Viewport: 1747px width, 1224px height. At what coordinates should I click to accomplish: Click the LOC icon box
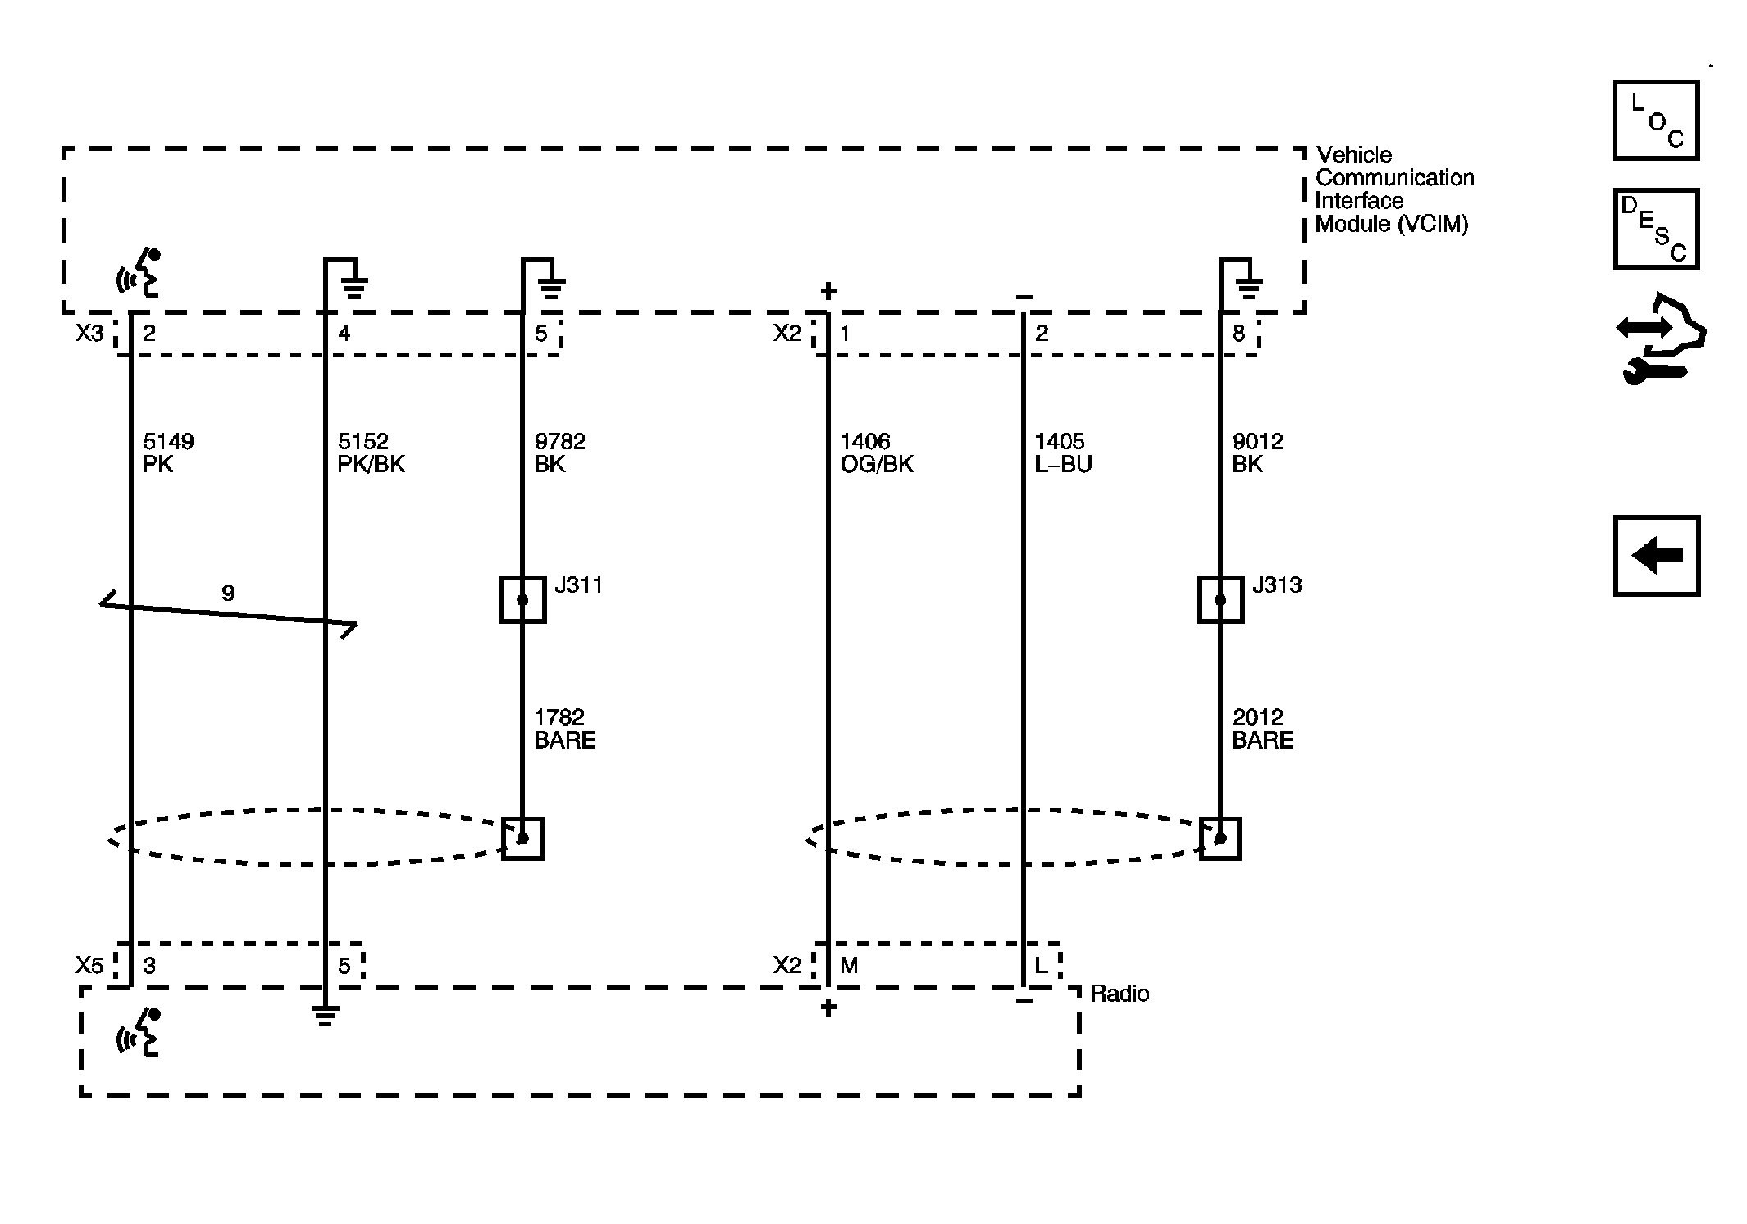click(x=1656, y=120)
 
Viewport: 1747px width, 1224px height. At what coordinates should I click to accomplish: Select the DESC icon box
click(x=1656, y=229)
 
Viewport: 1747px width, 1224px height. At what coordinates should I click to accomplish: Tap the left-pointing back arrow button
click(x=1656, y=556)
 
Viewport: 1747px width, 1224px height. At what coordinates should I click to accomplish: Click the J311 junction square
click(x=522, y=600)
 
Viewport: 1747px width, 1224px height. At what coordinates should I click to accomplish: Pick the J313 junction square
click(x=1220, y=600)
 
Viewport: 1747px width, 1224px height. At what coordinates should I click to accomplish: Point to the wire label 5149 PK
click(x=168, y=453)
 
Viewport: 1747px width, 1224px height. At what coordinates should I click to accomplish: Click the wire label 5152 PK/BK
click(x=371, y=453)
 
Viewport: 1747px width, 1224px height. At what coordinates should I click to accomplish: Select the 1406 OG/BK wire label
click(x=876, y=453)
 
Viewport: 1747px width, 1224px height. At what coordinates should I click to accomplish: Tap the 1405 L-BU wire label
click(x=1063, y=453)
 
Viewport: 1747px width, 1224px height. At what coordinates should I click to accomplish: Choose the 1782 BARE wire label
click(x=564, y=729)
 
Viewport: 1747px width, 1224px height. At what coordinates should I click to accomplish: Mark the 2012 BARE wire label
click(x=1262, y=729)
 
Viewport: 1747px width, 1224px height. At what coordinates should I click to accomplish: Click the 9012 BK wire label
click(x=1257, y=453)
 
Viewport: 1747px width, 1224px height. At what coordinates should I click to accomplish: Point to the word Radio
click(x=1120, y=994)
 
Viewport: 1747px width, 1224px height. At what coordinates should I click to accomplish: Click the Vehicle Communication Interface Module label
click(x=1394, y=189)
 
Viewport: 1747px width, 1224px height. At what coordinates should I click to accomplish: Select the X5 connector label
click(x=89, y=966)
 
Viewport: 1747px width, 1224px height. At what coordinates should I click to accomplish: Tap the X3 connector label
click(x=89, y=333)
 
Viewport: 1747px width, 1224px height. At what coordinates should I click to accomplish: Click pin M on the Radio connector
click(x=849, y=966)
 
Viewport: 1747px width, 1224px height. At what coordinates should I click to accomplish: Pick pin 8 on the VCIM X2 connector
click(x=1238, y=333)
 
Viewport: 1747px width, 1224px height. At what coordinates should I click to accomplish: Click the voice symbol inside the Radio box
click(x=138, y=1032)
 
